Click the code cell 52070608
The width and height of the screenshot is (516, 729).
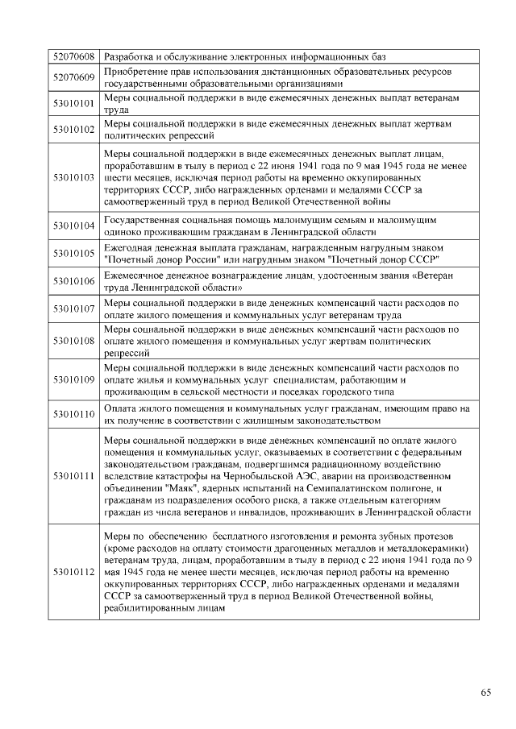tap(73, 57)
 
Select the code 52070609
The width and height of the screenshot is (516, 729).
tap(73, 77)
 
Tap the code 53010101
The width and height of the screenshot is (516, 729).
tap(73, 103)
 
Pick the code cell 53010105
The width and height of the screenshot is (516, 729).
tap(73, 252)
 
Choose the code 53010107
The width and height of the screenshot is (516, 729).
tap(73, 309)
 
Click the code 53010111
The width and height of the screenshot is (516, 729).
tap(73, 476)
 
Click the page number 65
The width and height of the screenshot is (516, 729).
tap(486, 692)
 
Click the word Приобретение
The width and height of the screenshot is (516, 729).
tap(138, 72)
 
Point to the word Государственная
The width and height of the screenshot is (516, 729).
tap(144, 219)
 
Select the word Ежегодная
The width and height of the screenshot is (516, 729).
tap(130, 246)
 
